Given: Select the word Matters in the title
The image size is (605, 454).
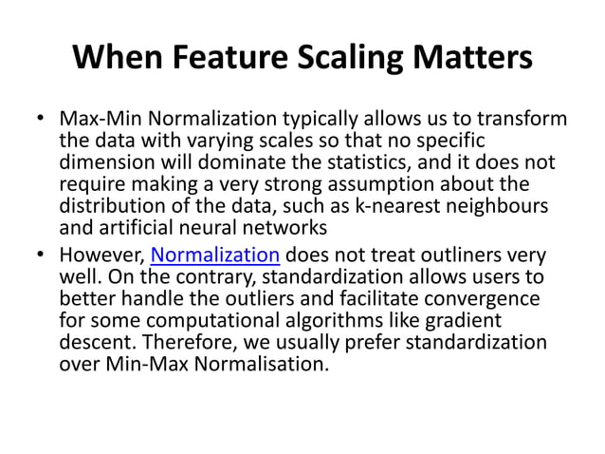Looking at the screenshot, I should [x=478, y=59].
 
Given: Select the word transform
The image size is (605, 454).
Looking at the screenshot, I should [x=521, y=121].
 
